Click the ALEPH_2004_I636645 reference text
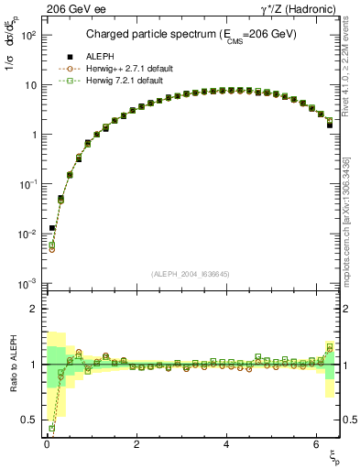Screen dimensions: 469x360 coord(191,274)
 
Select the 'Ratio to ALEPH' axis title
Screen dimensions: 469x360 coord(12,364)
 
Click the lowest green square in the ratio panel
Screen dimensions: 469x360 coord(51,428)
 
